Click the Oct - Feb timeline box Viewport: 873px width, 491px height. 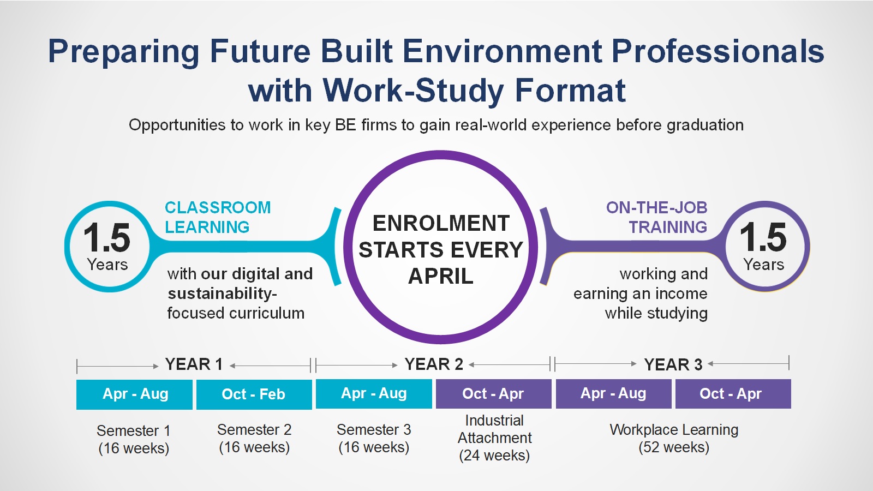pyautogui.click(x=254, y=394)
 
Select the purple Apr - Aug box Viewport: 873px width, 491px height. pyautogui.click(x=613, y=393)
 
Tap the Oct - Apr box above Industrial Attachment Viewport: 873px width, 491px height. pyautogui.click(x=493, y=393)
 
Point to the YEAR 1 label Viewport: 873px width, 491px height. pyautogui.click(x=194, y=364)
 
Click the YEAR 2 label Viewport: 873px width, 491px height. pyautogui.click(x=434, y=364)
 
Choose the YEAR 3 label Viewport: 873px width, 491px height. pyautogui.click(x=673, y=365)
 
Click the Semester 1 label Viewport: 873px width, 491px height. pyautogui.click(x=134, y=430)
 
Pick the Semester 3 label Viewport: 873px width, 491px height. pyautogui.click(x=374, y=429)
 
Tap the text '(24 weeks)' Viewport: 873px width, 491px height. pyautogui.click(x=494, y=455)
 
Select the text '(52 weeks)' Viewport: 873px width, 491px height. pyautogui.click(x=674, y=447)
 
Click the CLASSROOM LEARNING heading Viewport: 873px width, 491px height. pyautogui.click(x=218, y=218)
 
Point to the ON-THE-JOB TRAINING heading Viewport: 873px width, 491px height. pyautogui.click(x=657, y=218)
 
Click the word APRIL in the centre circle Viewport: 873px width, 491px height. pyautogui.click(x=440, y=276)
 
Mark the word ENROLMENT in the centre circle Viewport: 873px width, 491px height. pyautogui.click(x=441, y=223)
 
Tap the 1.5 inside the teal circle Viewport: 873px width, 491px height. pyautogui.click(x=106, y=237)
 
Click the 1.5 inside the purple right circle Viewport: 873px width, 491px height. pyautogui.click(x=763, y=237)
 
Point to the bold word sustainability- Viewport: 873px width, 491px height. pyautogui.click(x=222, y=294)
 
